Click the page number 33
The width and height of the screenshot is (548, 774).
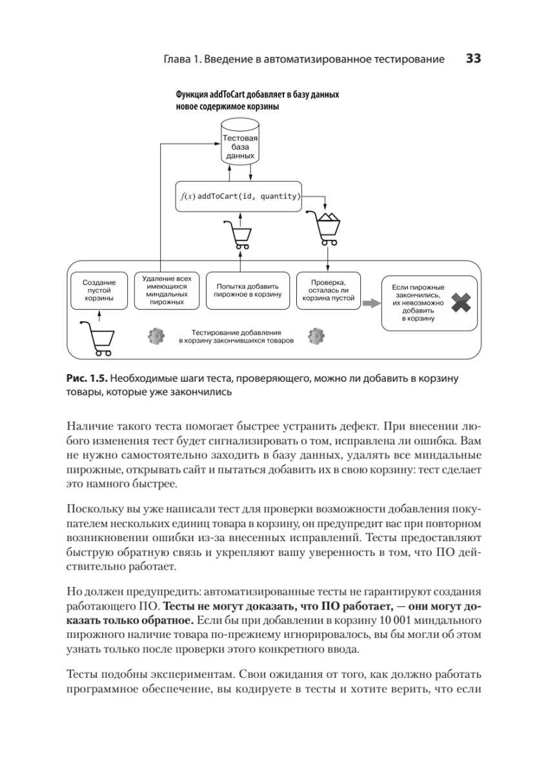coord(474,59)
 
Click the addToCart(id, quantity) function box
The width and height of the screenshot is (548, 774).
coord(239,196)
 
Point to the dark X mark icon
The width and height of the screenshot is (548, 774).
coord(461,303)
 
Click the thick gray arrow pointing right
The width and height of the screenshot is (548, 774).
coord(370,302)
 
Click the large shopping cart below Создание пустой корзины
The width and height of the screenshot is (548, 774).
coord(97,338)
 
